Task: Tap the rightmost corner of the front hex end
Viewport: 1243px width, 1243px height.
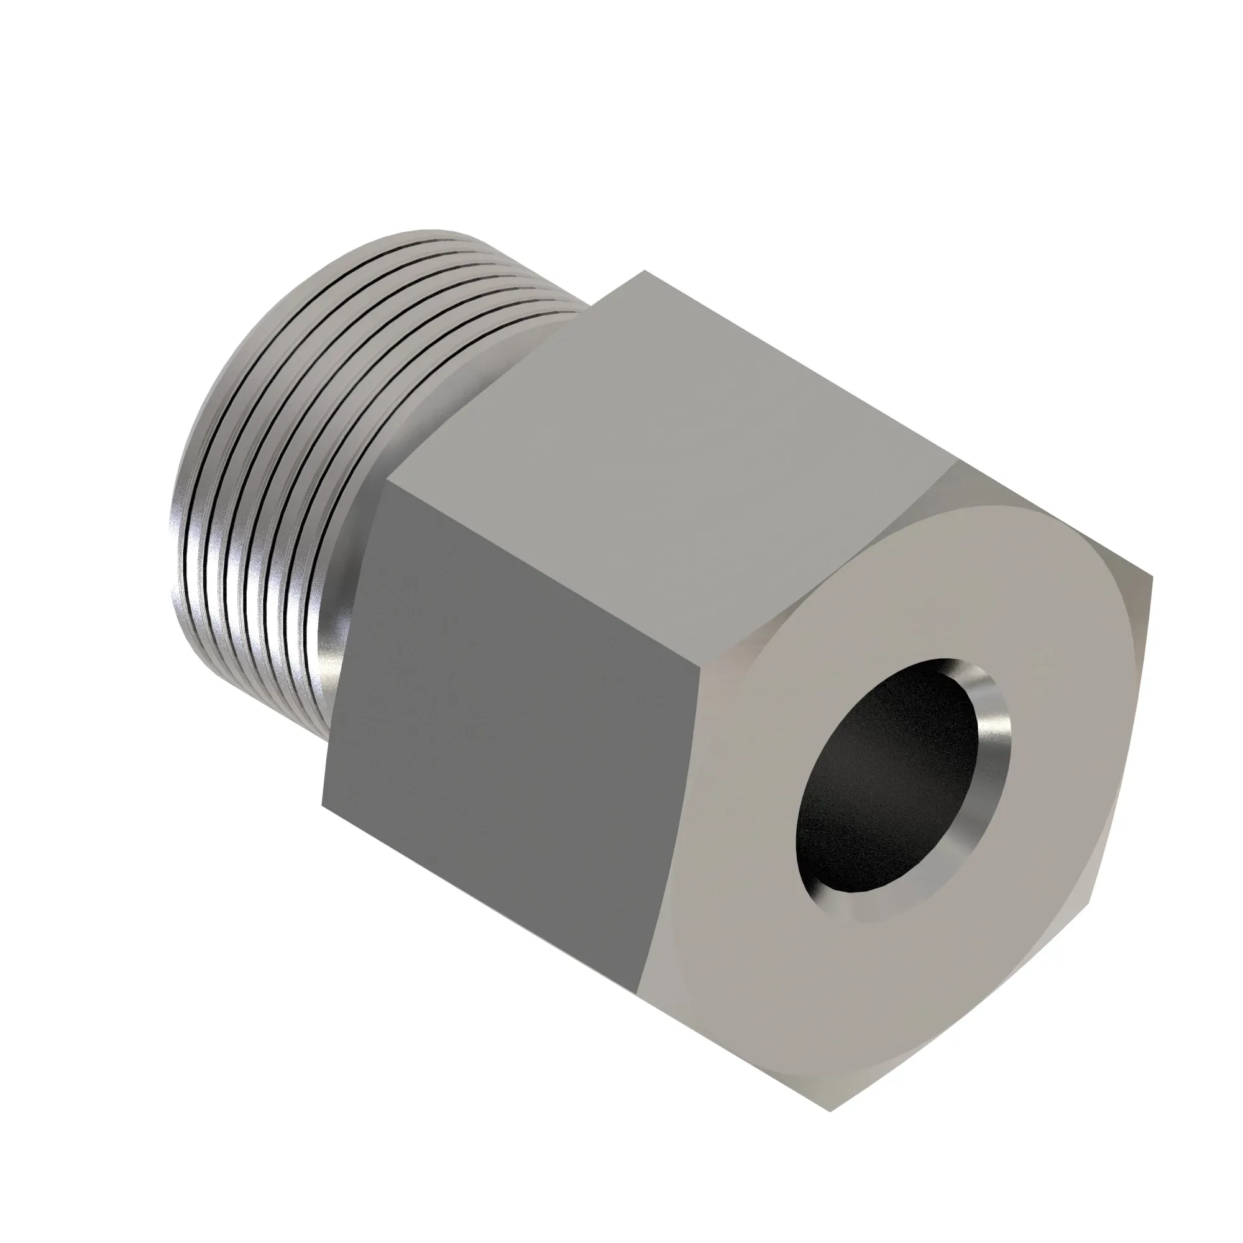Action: [1152, 579]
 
